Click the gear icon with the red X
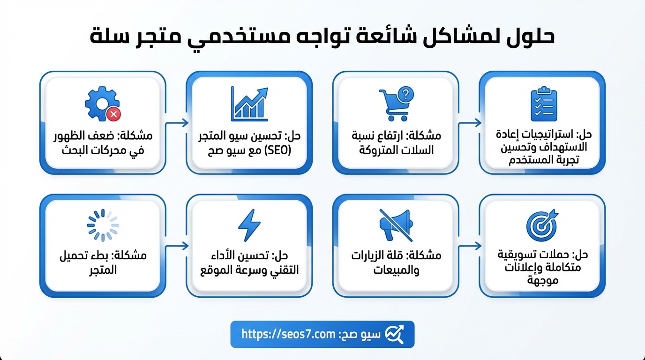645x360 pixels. click(x=103, y=104)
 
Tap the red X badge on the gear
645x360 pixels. click(x=114, y=114)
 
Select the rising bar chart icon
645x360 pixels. click(x=249, y=104)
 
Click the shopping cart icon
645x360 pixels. click(x=394, y=105)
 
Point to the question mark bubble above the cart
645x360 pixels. click(x=405, y=94)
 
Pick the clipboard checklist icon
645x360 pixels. click(x=544, y=104)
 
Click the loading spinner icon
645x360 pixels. click(x=103, y=225)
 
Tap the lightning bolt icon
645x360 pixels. click(x=249, y=225)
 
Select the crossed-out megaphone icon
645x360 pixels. click(x=396, y=225)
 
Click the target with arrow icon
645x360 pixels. click(x=542, y=225)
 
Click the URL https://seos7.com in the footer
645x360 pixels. click(x=288, y=334)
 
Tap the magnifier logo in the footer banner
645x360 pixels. click(x=395, y=334)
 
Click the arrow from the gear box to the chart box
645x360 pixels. click(x=177, y=123)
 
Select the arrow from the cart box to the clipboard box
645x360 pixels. click(x=470, y=123)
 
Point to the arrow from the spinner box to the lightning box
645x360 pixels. click(x=177, y=246)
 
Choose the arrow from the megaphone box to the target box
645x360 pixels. click(x=470, y=246)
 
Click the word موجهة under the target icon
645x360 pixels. click(x=543, y=280)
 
